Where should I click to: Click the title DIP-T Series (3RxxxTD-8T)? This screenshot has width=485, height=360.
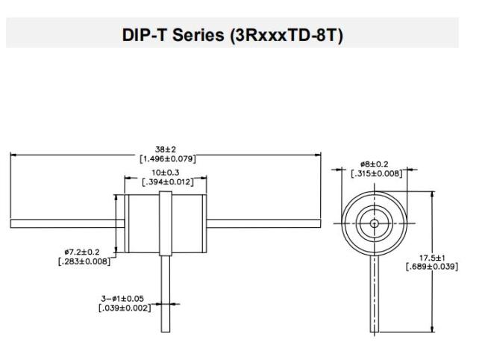coord(232,35)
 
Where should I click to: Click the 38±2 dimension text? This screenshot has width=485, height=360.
coord(165,149)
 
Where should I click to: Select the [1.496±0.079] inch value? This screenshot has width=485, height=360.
coord(167,159)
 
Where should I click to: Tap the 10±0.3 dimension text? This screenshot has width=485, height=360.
coord(165,173)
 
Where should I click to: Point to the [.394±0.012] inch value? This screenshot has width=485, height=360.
coord(167,181)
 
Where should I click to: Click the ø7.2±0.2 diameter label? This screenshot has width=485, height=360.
coord(82,252)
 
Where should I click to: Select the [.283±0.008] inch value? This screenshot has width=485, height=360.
coord(84,261)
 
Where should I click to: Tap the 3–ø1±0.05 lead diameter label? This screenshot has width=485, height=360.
coord(122,299)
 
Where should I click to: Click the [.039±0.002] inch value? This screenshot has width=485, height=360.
coord(125,308)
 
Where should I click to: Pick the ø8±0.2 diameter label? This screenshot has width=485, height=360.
coord(375,164)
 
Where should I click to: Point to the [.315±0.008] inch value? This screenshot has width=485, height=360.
coord(377,173)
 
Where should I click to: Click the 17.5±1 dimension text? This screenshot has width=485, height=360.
coord(432,258)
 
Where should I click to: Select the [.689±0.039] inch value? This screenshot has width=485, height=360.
coord(432,267)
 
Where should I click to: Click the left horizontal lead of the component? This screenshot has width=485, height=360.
coord(67,223)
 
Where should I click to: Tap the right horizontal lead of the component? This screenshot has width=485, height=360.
coord(263,223)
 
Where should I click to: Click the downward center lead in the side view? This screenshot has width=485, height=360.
coord(166,294)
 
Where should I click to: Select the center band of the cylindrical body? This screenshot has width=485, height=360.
coord(166,223)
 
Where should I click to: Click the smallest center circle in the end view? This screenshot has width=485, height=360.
coord(375,223)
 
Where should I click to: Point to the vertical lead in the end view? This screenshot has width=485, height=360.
coord(375,294)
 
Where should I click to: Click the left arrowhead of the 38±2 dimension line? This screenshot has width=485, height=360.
coord(13,155)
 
